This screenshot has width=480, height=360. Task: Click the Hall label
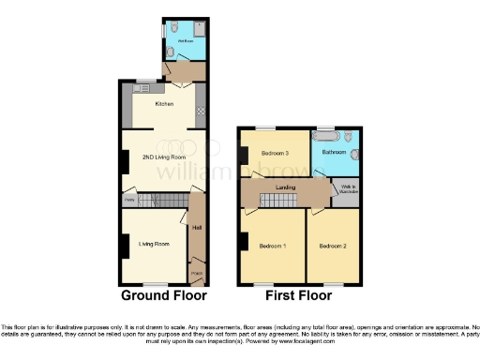click(x=197, y=227)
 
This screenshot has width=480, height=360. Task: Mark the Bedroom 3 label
click(x=275, y=151)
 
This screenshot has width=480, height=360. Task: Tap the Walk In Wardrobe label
click(x=345, y=189)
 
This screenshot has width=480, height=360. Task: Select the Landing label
click(x=285, y=187)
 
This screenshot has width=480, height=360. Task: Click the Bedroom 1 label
click(x=272, y=246)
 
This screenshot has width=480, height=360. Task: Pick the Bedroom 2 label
click(x=333, y=246)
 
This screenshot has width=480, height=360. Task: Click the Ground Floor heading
click(x=163, y=295)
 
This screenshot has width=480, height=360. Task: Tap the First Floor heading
click(x=298, y=295)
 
